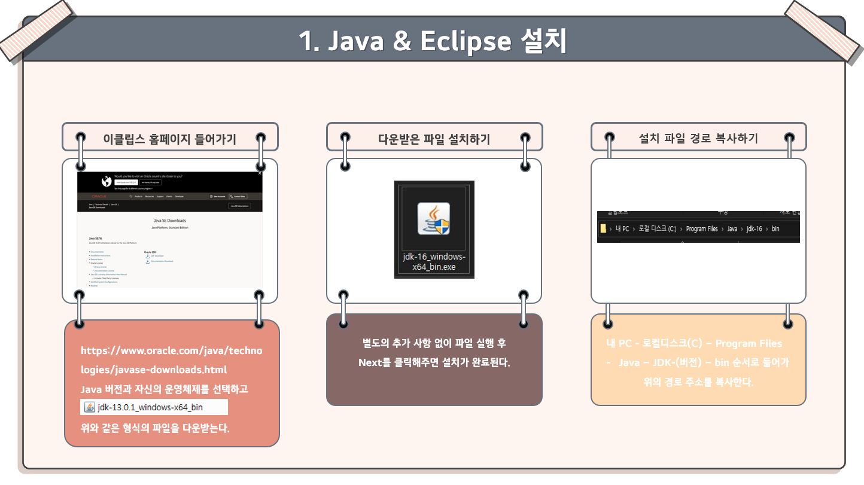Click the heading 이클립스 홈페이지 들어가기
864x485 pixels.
tap(169, 139)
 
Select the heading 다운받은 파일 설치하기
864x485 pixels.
tap(434, 139)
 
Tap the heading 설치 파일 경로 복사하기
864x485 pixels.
tap(698, 139)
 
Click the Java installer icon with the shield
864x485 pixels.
tap(434, 218)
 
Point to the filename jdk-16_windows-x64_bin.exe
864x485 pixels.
tap(434, 262)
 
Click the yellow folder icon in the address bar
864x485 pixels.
tap(603, 228)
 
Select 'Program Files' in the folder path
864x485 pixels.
tap(701, 229)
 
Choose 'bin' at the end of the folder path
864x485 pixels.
tap(775, 229)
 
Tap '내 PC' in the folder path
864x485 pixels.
tap(622, 229)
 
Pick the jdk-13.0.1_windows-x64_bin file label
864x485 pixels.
tap(150, 408)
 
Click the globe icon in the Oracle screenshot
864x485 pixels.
tap(106, 181)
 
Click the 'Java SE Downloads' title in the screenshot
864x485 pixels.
tap(170, 221)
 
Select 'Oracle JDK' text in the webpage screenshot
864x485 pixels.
tap(150, 252)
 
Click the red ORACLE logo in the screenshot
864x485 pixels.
tap(99, 196)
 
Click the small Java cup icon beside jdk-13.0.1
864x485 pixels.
tap(89, 408)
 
